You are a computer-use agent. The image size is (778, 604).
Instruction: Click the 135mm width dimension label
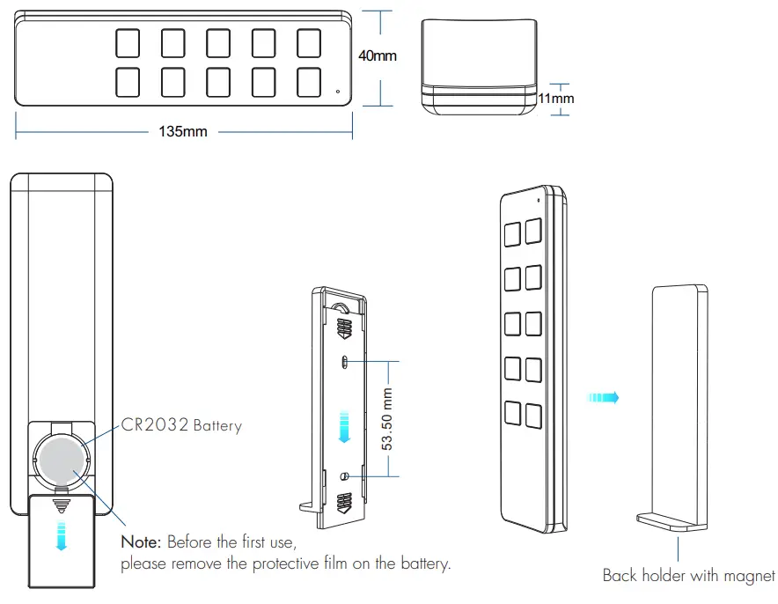tap(183, 132)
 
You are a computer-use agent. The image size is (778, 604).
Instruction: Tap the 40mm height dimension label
tap(378, 56)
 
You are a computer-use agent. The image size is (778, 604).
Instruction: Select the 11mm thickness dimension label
tap(556, 99)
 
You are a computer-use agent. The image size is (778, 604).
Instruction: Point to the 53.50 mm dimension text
tap(386, 418)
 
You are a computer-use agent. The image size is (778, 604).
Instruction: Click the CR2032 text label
tap(154, 425)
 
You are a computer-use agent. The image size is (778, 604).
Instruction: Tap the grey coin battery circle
tap(62, 458)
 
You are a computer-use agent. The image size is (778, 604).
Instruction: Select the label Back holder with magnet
tap(688, 576)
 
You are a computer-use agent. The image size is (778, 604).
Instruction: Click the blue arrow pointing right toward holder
tap(604, 397)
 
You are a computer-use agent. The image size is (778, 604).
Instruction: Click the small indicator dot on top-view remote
tap(336, 90)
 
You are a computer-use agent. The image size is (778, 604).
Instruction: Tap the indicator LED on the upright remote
tap(537, 200)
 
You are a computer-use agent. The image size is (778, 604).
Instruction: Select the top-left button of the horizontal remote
tap(128, 43)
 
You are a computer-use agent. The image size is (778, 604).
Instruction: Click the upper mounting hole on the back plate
tap(345, 361)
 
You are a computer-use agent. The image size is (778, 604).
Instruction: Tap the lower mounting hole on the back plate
tap(345, 475)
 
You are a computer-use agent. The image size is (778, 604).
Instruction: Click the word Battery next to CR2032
tap(217, 426)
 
